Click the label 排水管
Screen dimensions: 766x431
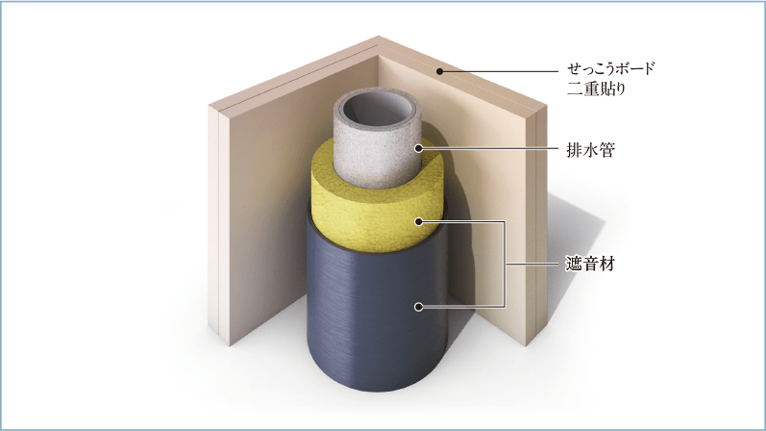coord(590,150)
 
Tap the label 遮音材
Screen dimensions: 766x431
coord(590,265)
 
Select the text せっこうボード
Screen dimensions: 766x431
coord(610,68)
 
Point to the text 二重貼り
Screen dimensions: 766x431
coord(596,89)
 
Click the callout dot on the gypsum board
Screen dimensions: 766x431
coord(439,71)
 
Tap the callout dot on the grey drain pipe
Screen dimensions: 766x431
coord(419,148)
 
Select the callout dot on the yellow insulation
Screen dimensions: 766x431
coord(419,221)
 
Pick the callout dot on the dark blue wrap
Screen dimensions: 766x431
coord(419,307)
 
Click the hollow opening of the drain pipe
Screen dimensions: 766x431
coord(376,113)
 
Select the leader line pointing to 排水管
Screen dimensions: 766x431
coord(488,148)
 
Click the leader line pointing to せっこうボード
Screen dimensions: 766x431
coord(499,71)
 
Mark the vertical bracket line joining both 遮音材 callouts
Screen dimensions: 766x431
coord(504,265)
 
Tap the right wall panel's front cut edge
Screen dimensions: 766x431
coord(536,225)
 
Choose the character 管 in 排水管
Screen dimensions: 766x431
coord(606,150)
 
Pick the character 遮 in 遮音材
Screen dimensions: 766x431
coord(574,265)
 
